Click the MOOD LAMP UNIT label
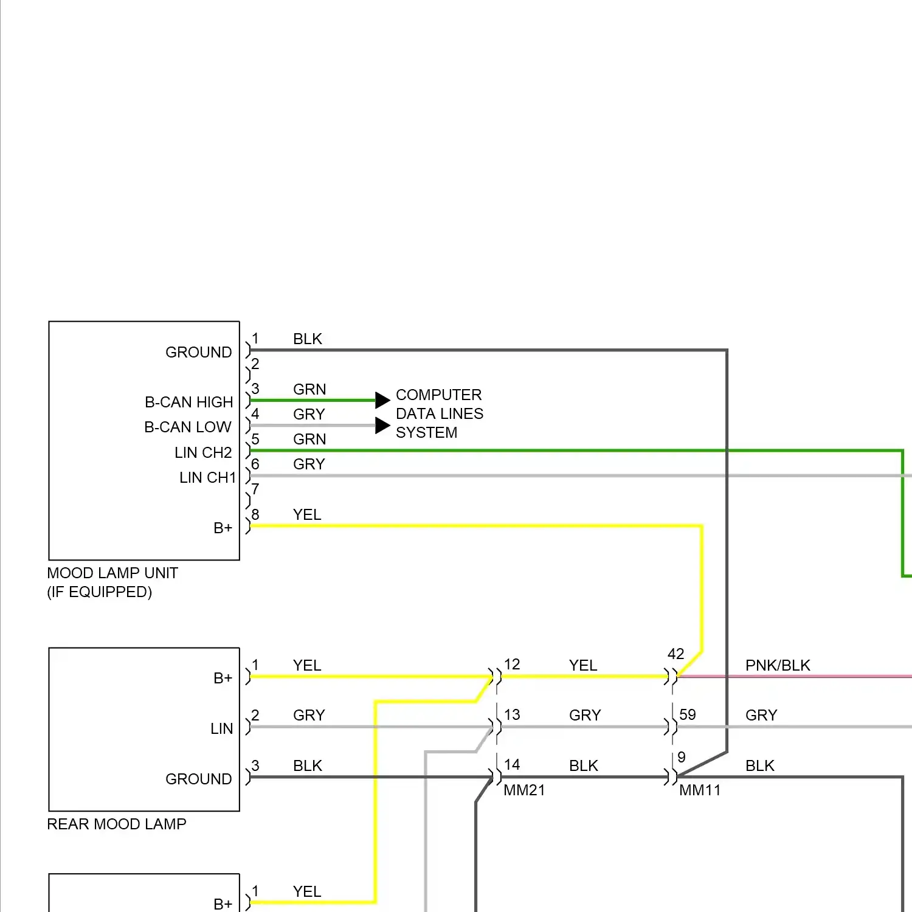tap(112, 573)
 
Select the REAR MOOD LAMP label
tap(117, 824)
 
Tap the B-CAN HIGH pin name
tap(188, 402)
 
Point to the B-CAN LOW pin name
tap(187, 427)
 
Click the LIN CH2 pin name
tap(203, 452)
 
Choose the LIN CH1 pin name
tap(207, 477)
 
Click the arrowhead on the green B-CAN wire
tap(382, 399)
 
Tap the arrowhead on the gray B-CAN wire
tap(382, 425)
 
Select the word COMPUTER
tap(438, 395)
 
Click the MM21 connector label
tap(524, 790)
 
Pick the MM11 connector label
tap(700, 790)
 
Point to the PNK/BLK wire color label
tap(778, 665)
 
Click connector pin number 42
tap(675, 654)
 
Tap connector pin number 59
tap(687, 714)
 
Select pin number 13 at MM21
tap(512, 714)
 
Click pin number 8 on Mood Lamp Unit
tap(255, 514)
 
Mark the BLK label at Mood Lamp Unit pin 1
tap(307, 339)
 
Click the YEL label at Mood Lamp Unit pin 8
tap(306, 514)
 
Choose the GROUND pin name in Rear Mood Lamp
tap(198, 779)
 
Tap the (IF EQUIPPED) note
tap(99, 592)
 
